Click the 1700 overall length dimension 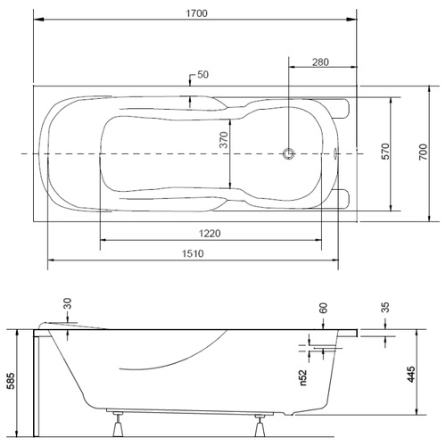pyautogui.click(x=196, y=13)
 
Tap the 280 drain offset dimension pyautogui.click(x=320, y=62)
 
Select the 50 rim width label pyautogui.click(x=202, y=74)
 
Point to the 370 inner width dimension pyautogui.click(x=223, y=139)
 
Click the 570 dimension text pyautogui.click(x=385, y=152)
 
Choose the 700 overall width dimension pyautogui.click(x=423, y=152)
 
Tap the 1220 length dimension pyautogui.click(x=210, y=234)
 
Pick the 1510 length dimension pyautogui.click(x=193, y=253)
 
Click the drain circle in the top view pyautogui.click(x=288, y=153)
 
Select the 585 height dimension pyautogui.click(x=11, y=381)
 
